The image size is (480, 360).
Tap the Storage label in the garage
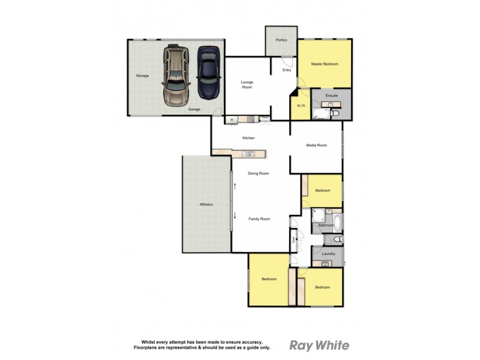tap(142, 76)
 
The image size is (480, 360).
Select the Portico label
tap(281, 40)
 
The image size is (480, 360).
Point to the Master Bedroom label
tap(325, 64)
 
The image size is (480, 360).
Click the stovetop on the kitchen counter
tap(249, 119)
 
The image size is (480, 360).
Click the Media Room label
tap(316, 145)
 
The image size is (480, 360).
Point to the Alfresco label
tap(206, 205)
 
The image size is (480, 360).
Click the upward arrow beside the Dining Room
tap(235, 187)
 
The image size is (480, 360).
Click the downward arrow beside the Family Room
tap(235, 216)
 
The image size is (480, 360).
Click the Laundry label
tap(328, 254)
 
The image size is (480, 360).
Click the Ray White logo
tap(319, 345)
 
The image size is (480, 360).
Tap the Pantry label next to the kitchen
tap(264, 118)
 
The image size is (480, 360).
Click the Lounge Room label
tap(247, 85)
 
